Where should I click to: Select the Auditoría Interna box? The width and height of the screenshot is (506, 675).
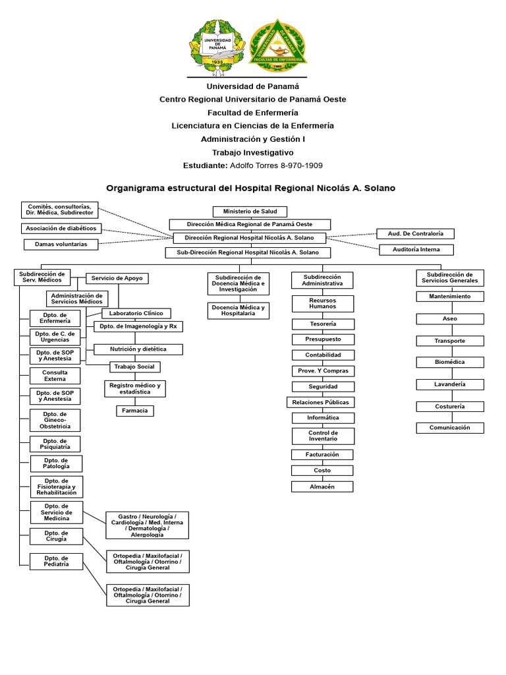pos(416,250)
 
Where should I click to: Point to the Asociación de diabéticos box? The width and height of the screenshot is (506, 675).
pos(61,228)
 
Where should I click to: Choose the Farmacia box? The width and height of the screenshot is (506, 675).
pos(135,411)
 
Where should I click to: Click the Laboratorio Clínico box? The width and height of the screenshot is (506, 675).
pos(136,313)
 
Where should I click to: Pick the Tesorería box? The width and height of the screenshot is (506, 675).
pos(323,324)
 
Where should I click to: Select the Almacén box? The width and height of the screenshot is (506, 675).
pos(323,486)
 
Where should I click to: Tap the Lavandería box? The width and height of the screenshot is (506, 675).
pos(450,384)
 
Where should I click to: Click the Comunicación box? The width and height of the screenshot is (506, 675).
pos(450,428)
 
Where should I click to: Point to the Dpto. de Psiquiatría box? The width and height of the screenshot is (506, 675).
pos(55,444)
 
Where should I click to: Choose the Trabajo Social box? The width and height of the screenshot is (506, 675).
pos(134,367)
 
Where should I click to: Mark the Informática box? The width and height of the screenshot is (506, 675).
pos(323,418)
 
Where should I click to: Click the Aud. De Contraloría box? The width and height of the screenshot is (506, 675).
pos(416,233)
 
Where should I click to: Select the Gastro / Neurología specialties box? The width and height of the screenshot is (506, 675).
pos(148,525)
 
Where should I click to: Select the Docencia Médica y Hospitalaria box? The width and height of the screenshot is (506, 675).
pos(239,310)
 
